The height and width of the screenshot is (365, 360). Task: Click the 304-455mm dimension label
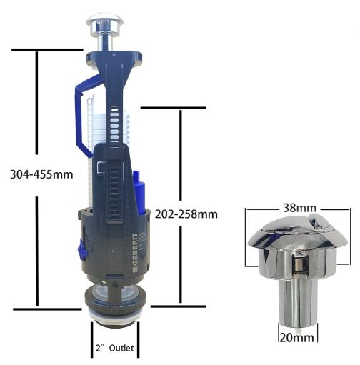click(x=41, y=174)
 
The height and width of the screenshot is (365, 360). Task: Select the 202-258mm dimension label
click(x=186, y=214)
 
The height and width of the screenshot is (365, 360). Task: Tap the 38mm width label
click(x=300, y=208)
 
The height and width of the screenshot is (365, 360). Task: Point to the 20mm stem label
click(x=296, y=338)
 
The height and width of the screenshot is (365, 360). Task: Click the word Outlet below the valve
click(x=121, y=348)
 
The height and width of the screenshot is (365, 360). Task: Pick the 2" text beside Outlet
click(x=101, y=348)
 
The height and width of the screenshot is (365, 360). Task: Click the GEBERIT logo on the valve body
click(x=134, y=252)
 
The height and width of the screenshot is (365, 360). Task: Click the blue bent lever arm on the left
click(x=84, y=114)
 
